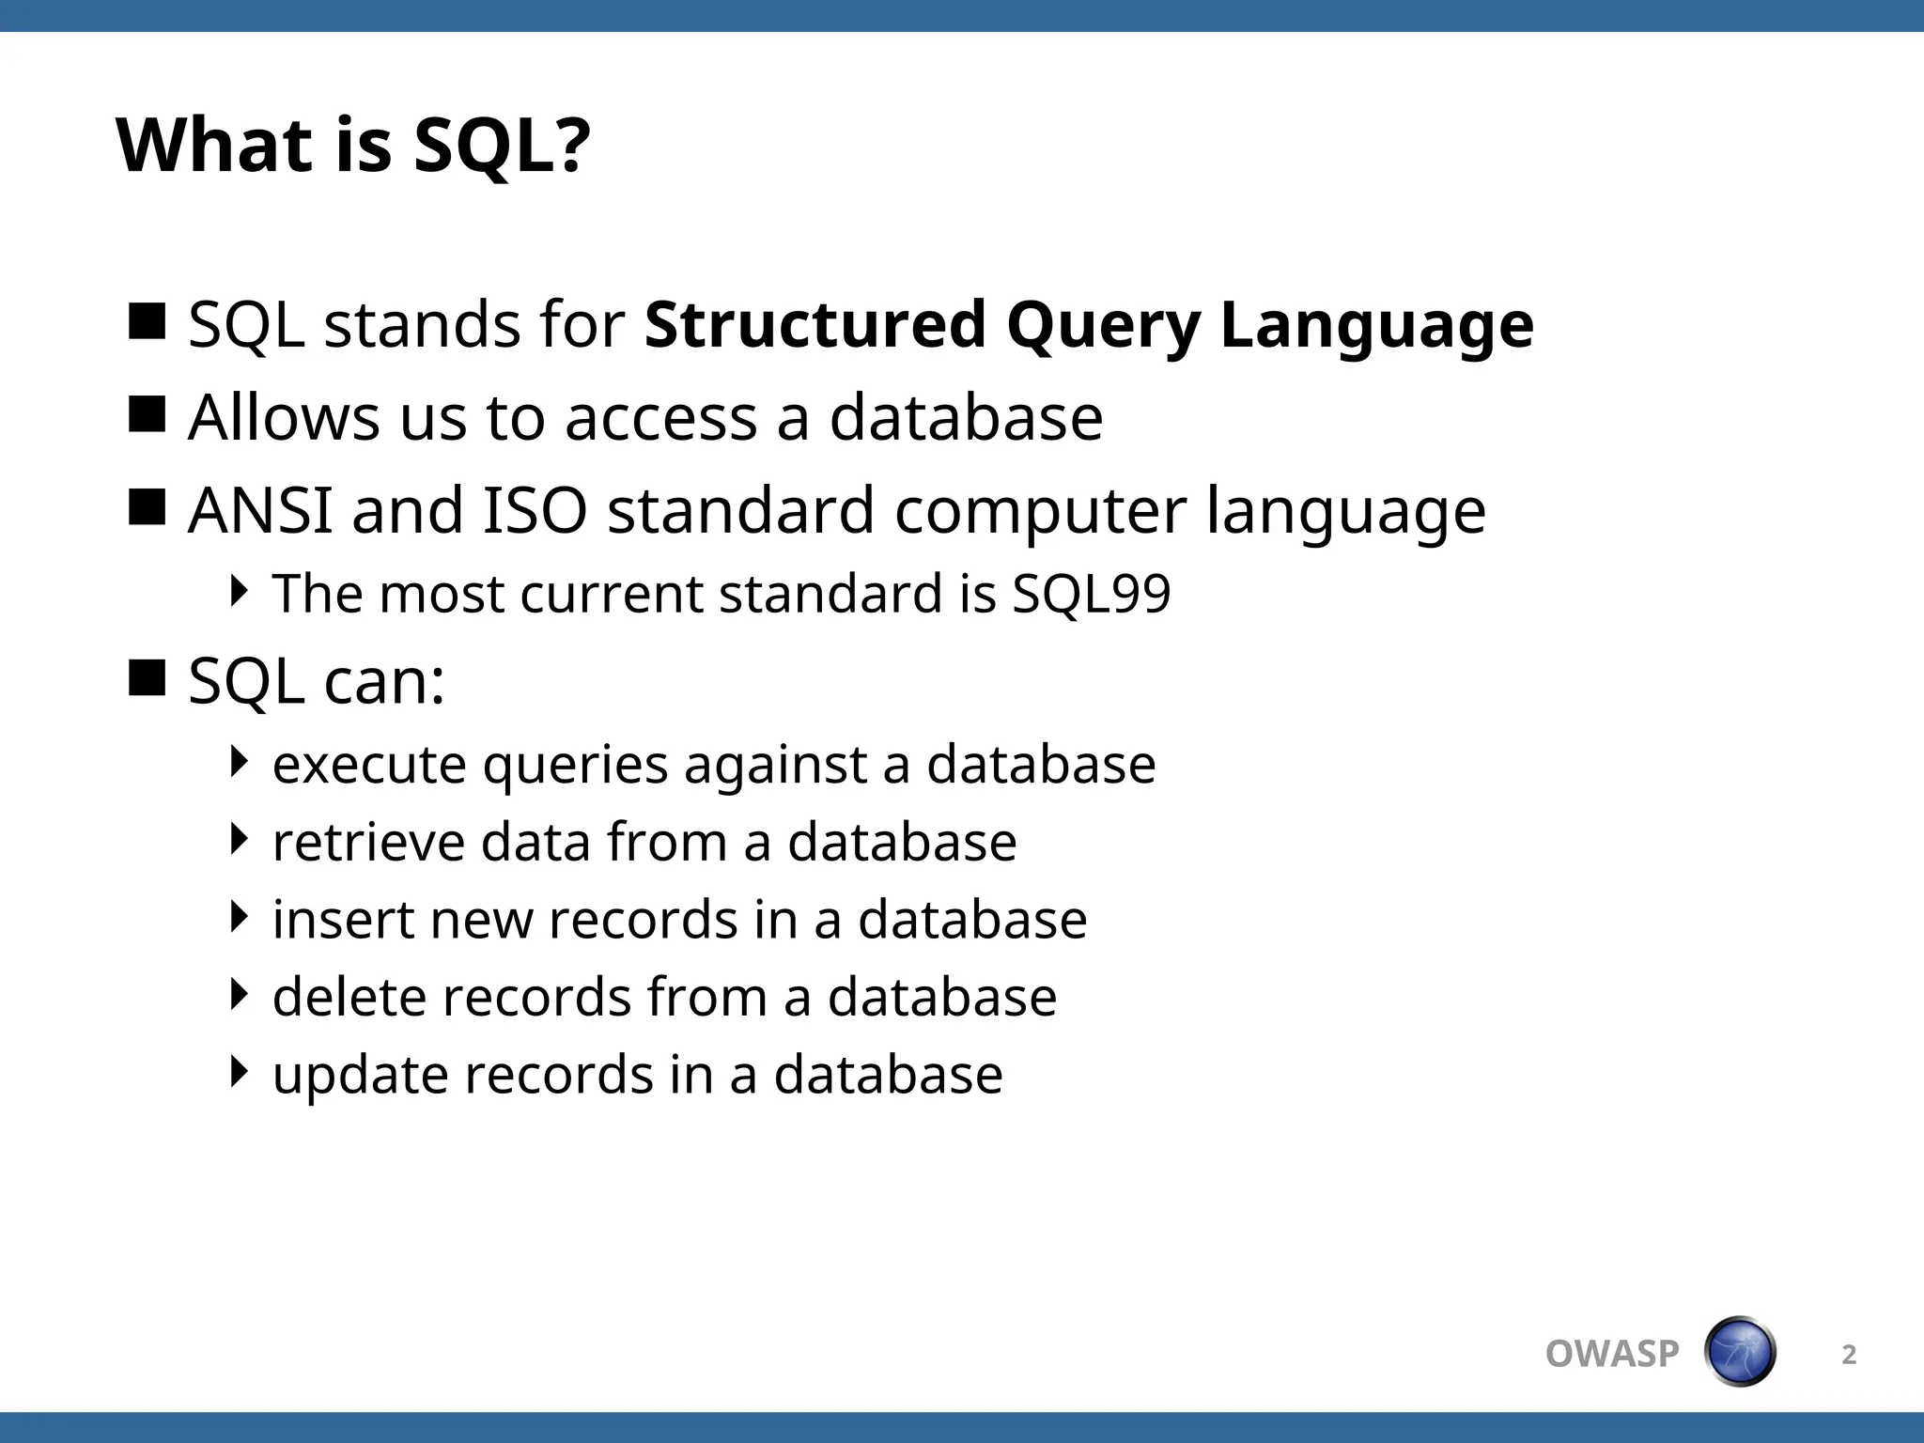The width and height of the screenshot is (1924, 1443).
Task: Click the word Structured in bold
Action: click(x=815, y=325)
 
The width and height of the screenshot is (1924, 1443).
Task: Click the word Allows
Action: click(x=284, y=417)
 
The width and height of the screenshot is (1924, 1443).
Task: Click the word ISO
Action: click(x=535, y=510)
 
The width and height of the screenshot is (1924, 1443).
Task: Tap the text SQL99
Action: click(x=1091, y=595)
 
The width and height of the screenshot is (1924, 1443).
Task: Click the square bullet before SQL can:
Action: click(x=147, y=677)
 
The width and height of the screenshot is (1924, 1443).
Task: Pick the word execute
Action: click(x=368, y=764)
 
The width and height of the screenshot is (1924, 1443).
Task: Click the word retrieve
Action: click(x=367, y=842)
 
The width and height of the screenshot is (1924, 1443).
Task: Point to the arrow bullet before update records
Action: click(x=240, y=1071)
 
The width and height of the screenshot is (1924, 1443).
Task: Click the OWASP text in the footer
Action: click(x=1611, y=1354)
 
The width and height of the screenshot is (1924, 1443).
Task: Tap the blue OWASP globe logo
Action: click(x=1739, y=1352)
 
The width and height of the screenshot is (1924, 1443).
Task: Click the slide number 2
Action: click(x=1848, y=1355)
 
